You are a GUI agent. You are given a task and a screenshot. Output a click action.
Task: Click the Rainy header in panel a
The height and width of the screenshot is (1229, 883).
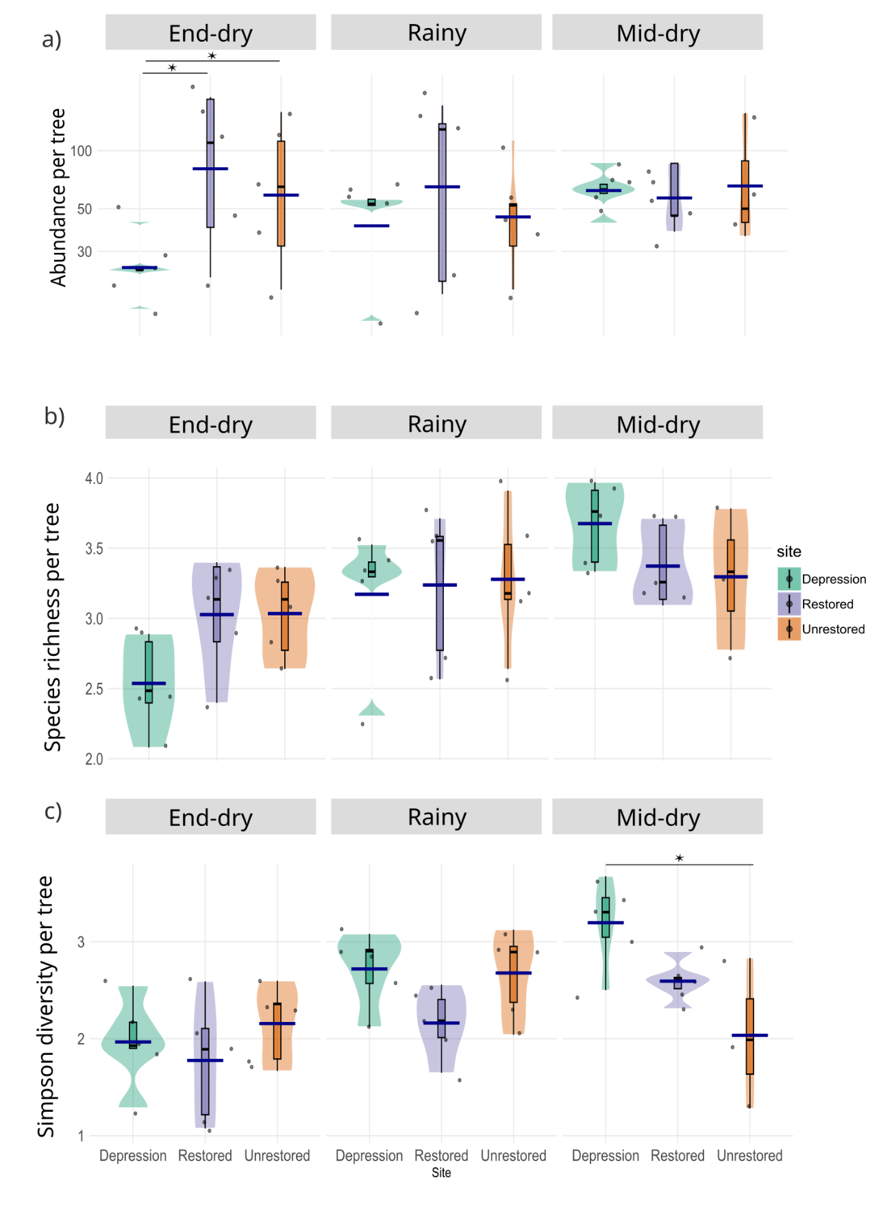(436, 33)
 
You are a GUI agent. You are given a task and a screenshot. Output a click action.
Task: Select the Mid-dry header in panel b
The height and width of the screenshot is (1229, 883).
(658, 424)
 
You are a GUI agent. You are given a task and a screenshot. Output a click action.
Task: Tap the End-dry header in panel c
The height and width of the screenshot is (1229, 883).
(210, 817)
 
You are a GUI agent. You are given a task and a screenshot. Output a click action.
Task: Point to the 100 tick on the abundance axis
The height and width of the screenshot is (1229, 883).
(81, 151)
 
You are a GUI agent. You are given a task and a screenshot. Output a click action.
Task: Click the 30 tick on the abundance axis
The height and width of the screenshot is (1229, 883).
(84, 252)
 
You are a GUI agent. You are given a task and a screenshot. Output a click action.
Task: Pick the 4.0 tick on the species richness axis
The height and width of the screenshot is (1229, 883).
(94, 478)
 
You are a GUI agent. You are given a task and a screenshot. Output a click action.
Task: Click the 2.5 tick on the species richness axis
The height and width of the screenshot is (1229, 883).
(94, 689)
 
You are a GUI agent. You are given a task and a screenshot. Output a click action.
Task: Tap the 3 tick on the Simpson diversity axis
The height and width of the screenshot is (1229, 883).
(82, 942)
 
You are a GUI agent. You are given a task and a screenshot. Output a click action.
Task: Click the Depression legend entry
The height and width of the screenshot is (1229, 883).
(833, 579)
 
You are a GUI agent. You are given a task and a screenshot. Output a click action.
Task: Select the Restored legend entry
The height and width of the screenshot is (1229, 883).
(828, 604)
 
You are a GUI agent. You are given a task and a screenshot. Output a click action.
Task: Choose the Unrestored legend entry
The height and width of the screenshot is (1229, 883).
(833, 629)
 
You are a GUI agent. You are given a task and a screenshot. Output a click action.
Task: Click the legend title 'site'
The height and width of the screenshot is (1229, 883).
(788, 552)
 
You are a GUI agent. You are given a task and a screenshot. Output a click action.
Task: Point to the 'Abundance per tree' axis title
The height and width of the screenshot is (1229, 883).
(58, 197)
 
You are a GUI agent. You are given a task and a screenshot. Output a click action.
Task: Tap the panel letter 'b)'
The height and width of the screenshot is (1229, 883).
(54, 416)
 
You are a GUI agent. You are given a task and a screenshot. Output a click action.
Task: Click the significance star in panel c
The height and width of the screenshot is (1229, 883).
(679, 858)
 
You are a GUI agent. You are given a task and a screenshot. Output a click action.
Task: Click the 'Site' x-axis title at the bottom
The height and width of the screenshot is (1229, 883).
(441, 1173)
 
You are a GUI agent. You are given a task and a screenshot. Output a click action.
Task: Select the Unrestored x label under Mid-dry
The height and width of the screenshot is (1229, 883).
(749, 1156)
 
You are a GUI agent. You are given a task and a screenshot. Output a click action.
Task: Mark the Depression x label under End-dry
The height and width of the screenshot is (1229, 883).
(133, 1156)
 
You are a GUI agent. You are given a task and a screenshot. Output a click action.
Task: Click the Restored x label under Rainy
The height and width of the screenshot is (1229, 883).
(441, 1156)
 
